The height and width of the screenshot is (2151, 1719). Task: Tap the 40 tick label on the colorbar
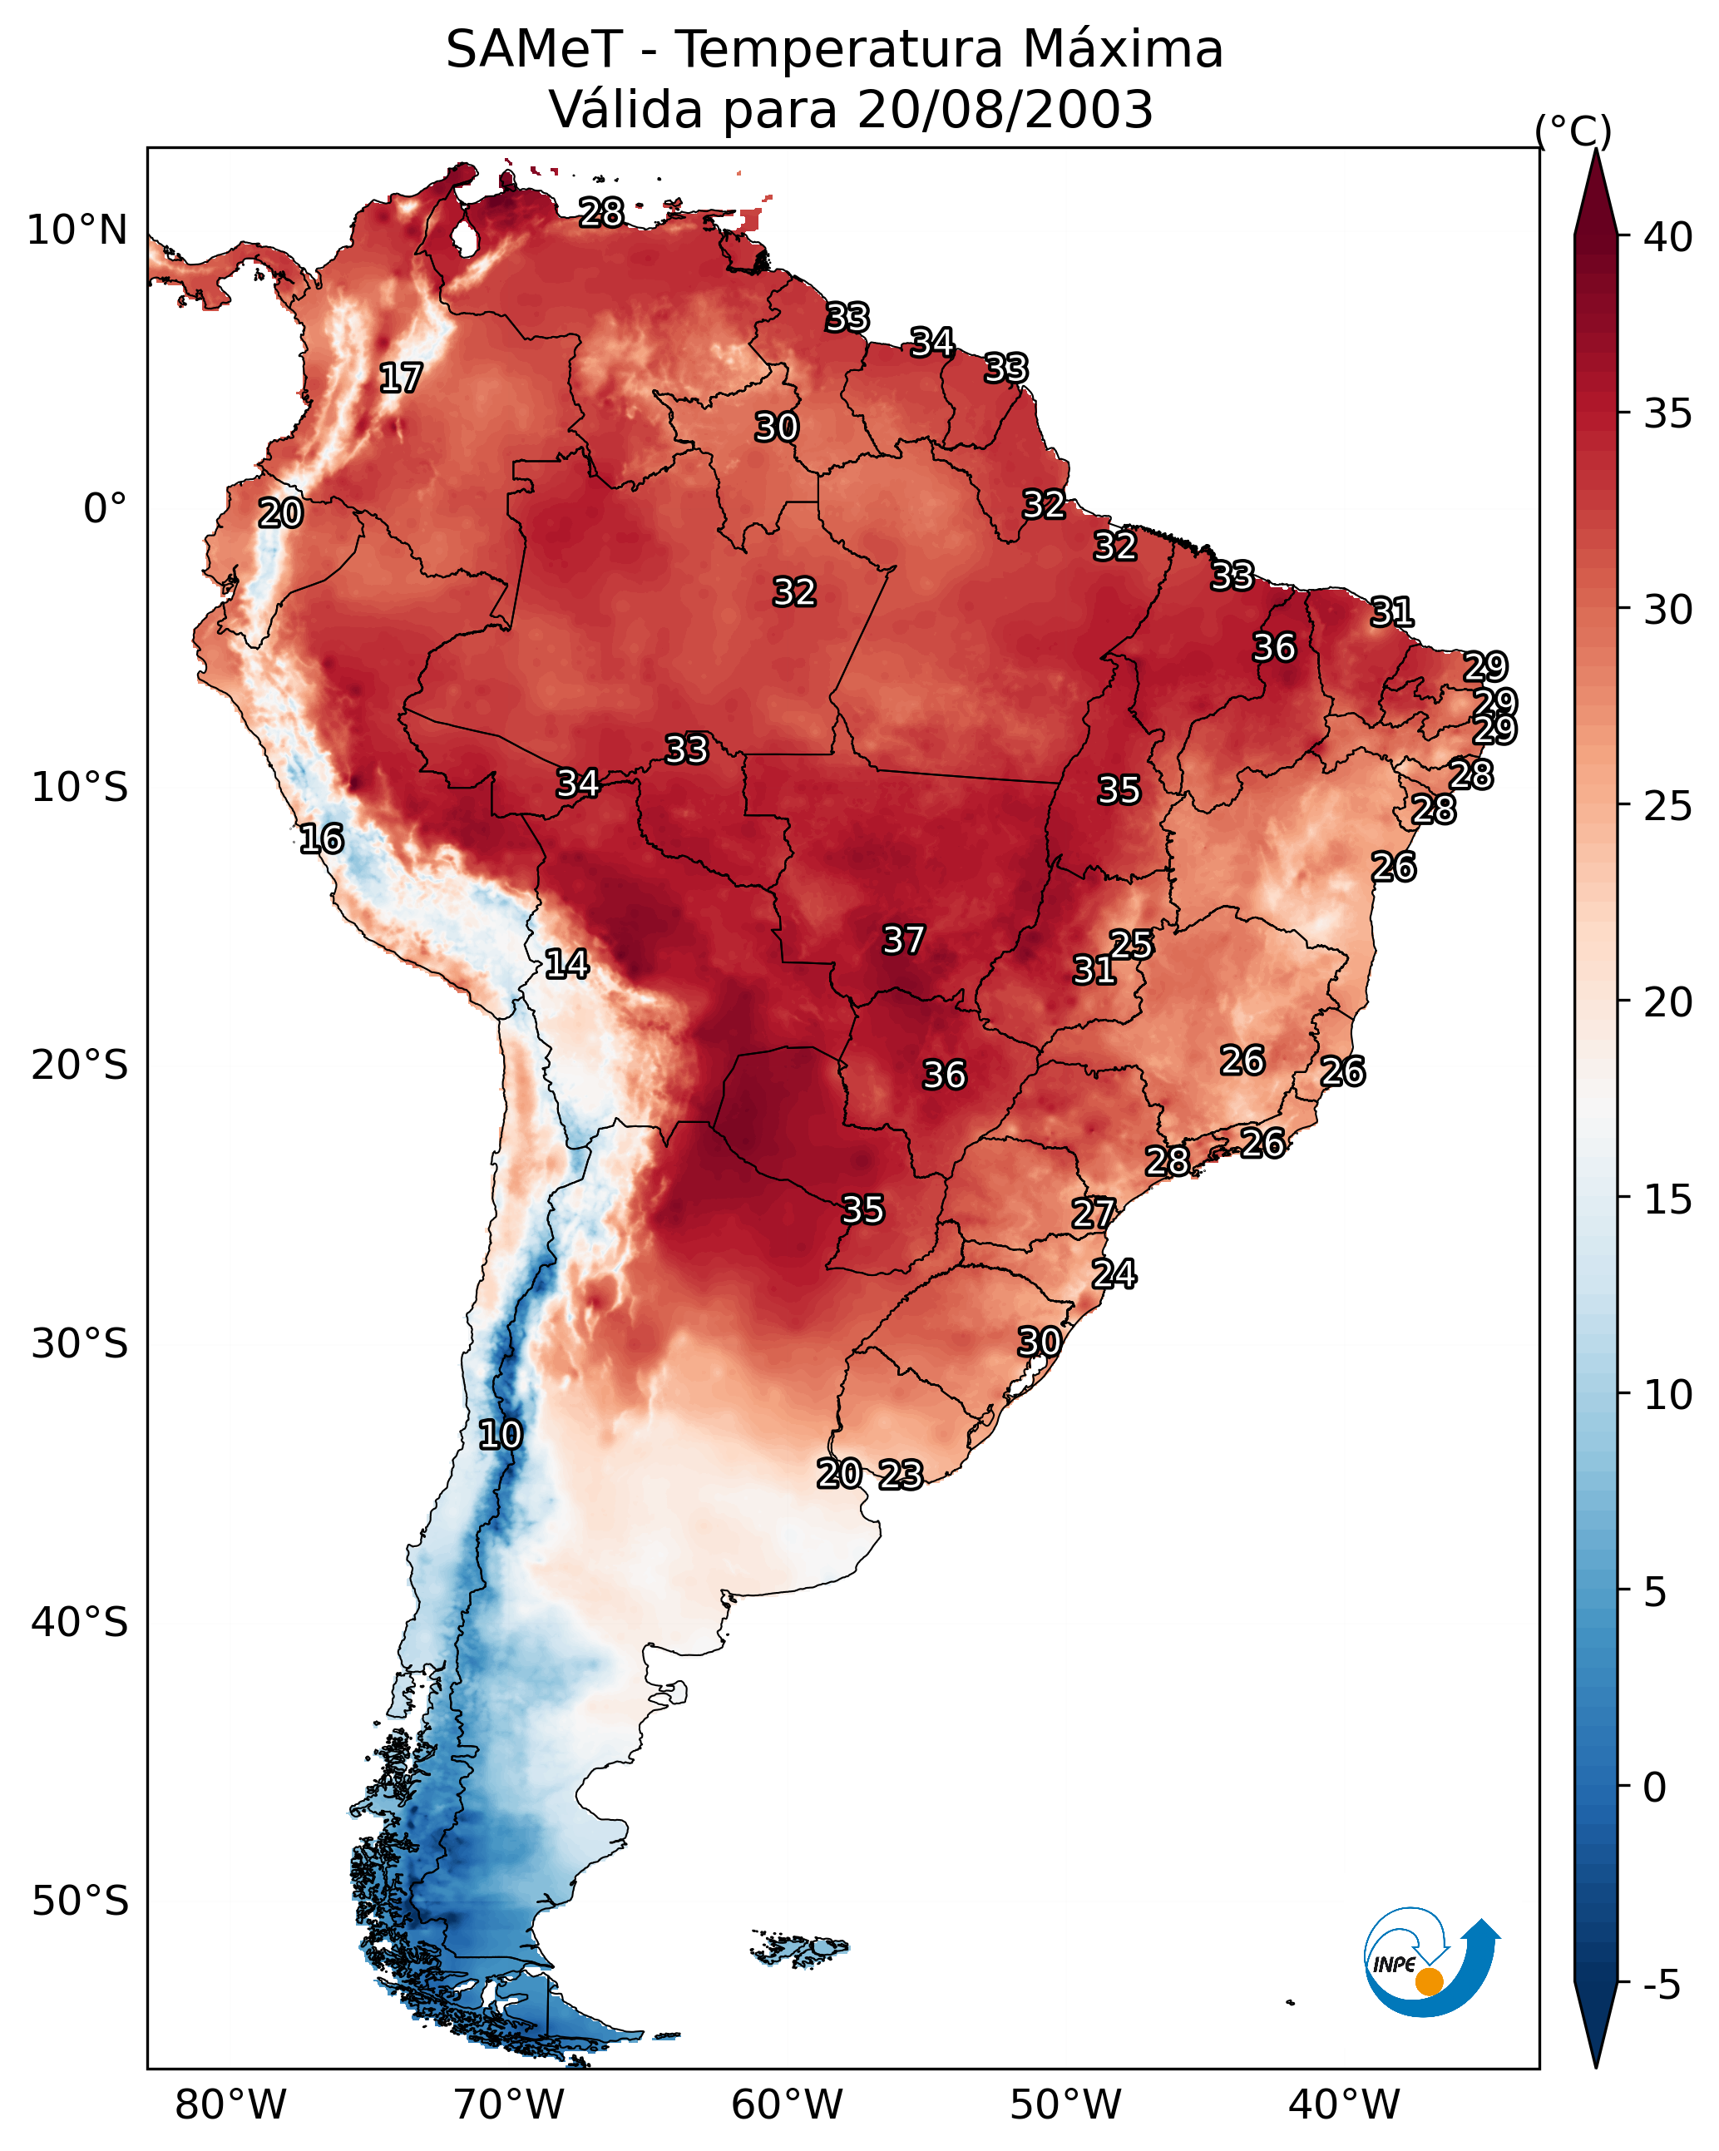pyautogui.click(x=1668, y=237)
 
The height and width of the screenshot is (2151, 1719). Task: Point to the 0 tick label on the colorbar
pyautogui.click(x=1654, y=1787)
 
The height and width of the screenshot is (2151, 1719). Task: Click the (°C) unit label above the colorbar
pyautogui.click(x=1573, y=131)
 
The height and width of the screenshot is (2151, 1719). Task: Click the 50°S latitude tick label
pyautogui.click(x=80, y=1901)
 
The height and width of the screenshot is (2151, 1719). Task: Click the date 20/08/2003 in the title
pyautogui.click(x=1005, y=110)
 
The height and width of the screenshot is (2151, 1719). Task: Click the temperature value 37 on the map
pyautogui.click(x=904, y=940)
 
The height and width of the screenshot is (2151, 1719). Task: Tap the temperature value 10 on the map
pyautogui.click(x=500, y=1435)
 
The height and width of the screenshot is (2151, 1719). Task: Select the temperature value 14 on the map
pyautogui.click(x=566, y=964)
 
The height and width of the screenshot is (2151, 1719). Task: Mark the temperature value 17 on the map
pyautogui.click(x=401, y=378)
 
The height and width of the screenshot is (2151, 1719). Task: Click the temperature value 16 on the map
pyautogui.click(x=321, y=839)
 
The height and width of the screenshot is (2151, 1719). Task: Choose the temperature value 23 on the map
pyautogui.click(x=901, y=1475)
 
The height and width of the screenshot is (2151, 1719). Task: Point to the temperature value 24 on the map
pyautogui.click(x=1114, y=1274)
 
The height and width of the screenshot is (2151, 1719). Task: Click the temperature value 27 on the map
pyautogui.click(x=1094, y=1214)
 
